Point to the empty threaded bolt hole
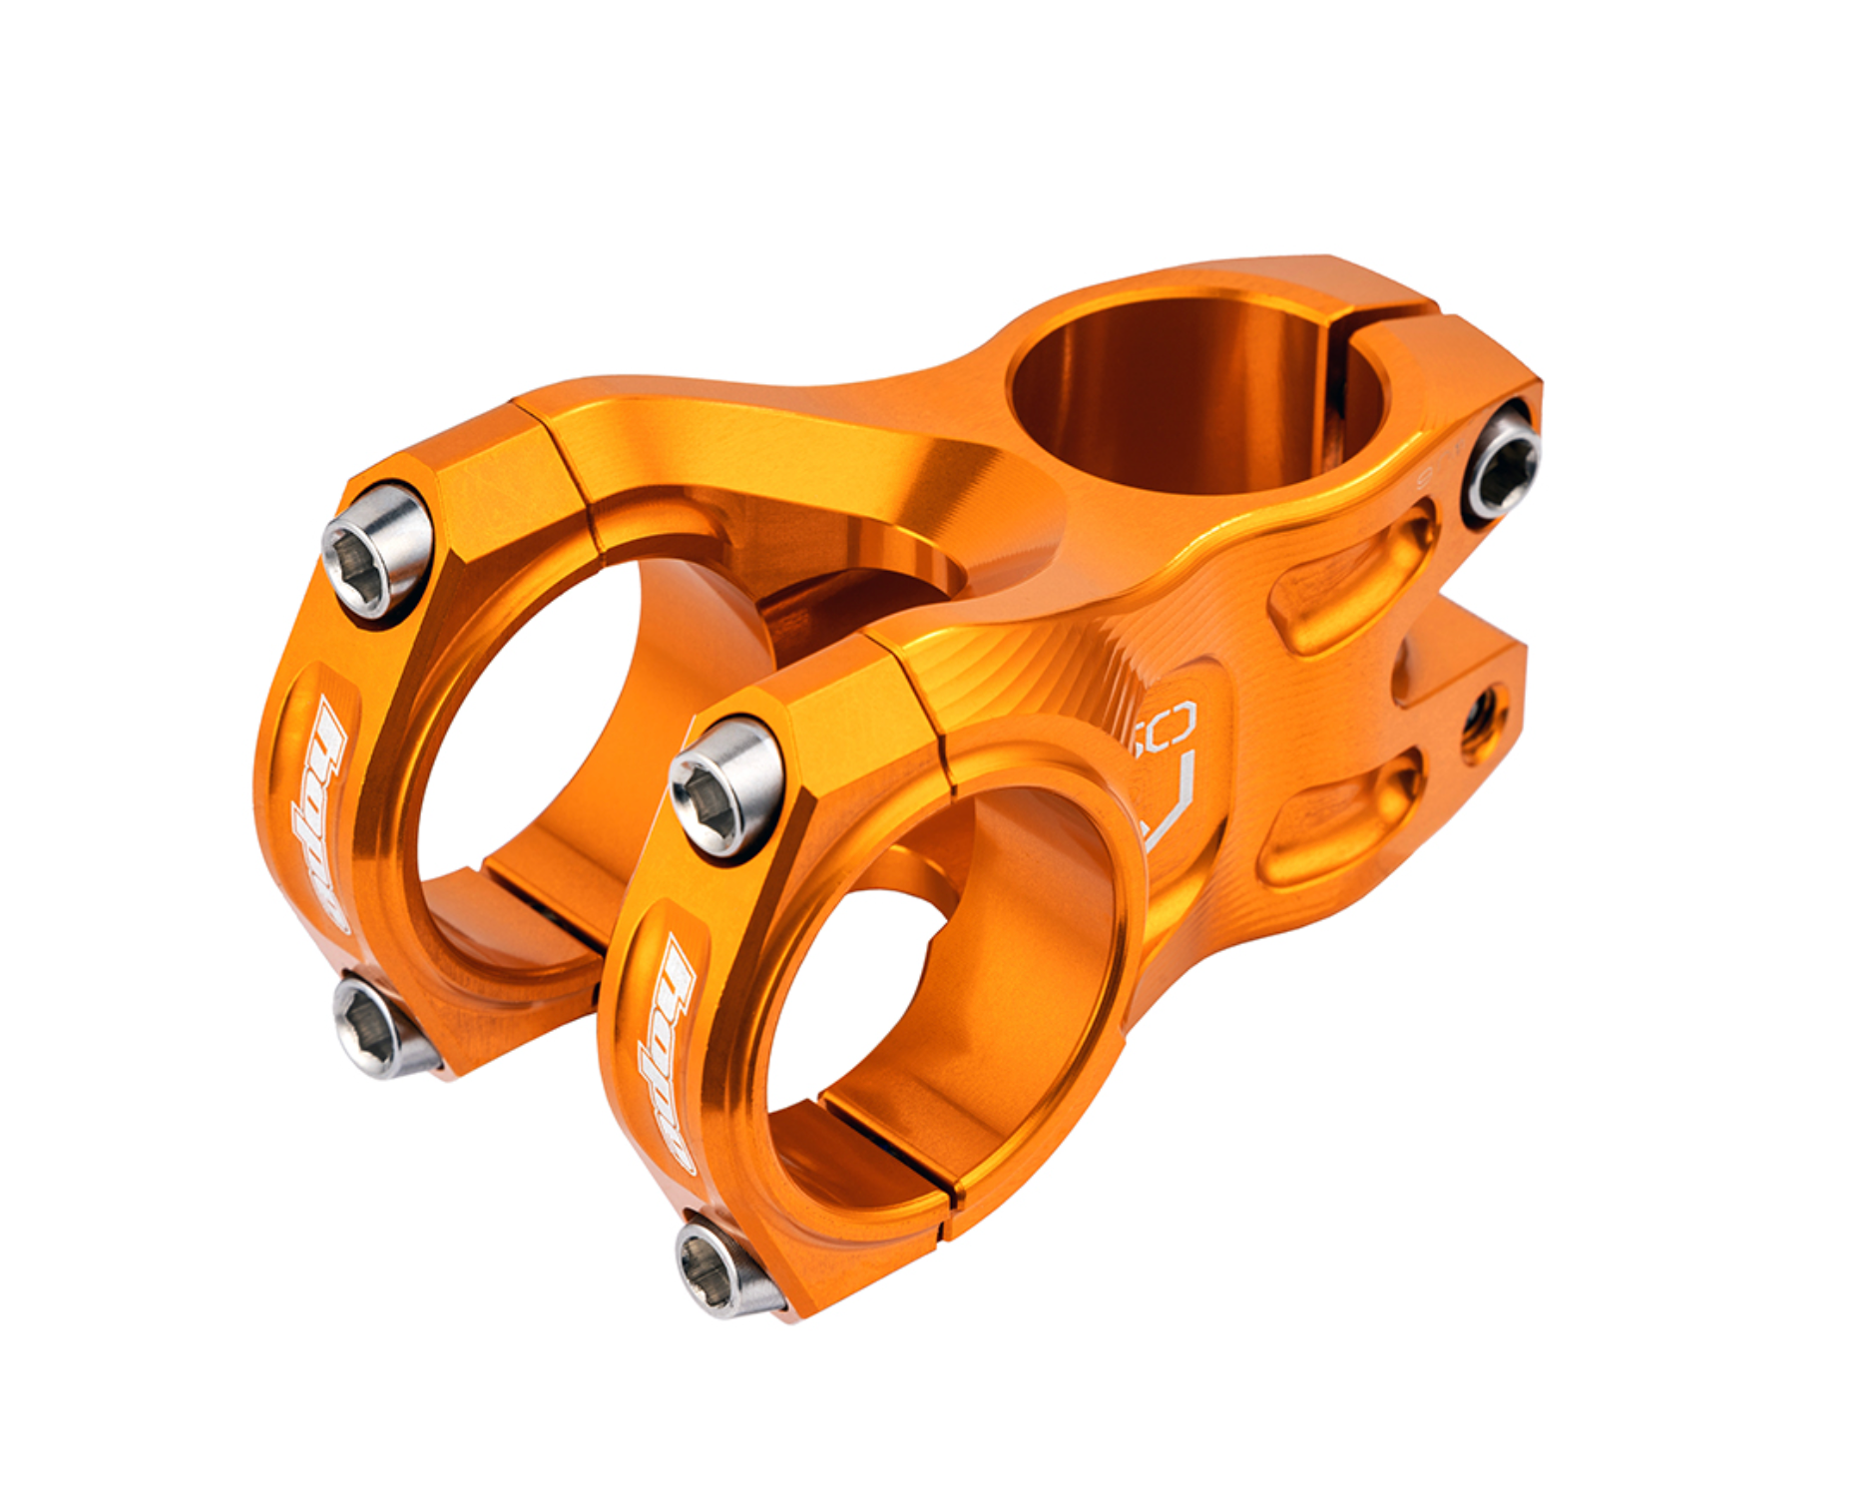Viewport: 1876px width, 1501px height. pyautogui.click(x=1484, y=711)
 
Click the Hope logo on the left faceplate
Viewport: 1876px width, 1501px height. pyautogui.click(x=316, y=813)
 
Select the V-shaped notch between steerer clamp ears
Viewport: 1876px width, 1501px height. pyautogui.click(x=1437, y=619)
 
